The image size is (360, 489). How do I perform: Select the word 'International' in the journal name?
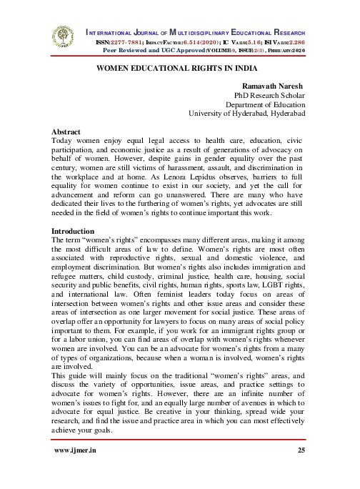(x=114, y=34)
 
